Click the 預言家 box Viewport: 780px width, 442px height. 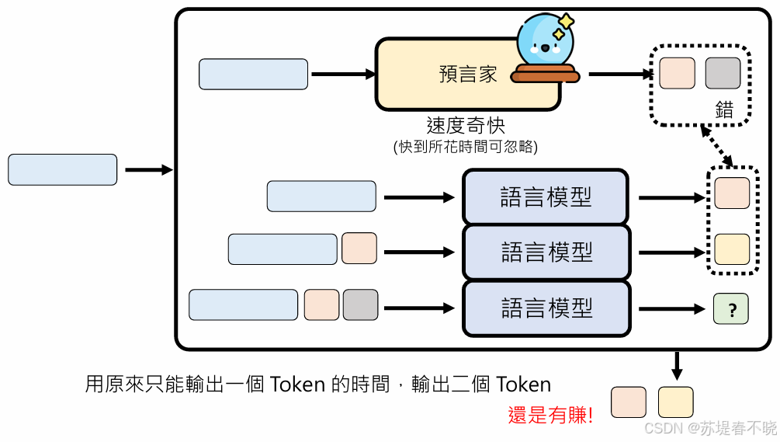click(458, 75)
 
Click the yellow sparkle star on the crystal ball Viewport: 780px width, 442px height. click(566, 22)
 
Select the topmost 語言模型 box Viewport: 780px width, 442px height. click(546, 197)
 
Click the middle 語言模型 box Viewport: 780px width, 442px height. click(546, 252)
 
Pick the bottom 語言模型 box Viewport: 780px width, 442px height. click(546, 308)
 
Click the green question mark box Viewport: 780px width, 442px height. click(731, 309)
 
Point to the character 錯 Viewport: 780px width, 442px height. click(723, 110)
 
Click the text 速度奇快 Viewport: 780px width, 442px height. click(466, 125)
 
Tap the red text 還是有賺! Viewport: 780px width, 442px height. click(550, 415)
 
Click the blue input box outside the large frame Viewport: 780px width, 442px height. click(63, 170)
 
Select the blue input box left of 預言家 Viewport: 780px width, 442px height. click(253, 75)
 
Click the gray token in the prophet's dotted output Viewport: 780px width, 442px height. click(723, 73)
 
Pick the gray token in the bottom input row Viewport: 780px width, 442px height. click(360, 305)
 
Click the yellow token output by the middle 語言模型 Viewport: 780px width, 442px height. click(732, 249)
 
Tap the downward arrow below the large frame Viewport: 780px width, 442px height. click(676, 365)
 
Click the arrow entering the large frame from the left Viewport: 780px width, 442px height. click(148, 170)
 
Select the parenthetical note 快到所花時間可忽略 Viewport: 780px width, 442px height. click(466, 146)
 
